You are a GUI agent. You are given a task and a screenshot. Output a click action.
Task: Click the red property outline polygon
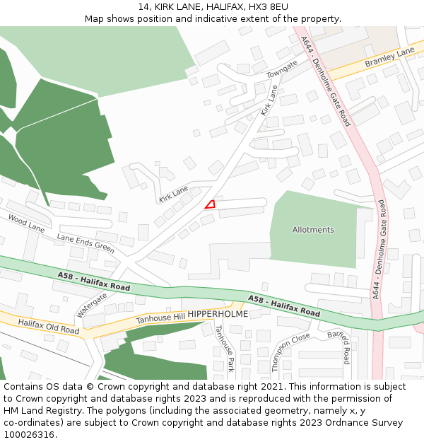[210, 204]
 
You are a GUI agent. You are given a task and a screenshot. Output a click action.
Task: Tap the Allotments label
[313, 230]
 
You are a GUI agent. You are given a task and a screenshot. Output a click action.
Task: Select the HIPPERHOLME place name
[218, 313]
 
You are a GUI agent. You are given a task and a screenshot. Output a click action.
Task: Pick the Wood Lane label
[26, 223]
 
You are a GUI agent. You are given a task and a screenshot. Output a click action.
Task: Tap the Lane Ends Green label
[86, 243]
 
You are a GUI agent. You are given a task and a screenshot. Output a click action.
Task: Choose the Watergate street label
[92, 305]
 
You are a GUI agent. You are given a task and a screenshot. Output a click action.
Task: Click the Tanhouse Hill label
[160, 319]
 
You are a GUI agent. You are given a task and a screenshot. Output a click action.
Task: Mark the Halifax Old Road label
[49, 327]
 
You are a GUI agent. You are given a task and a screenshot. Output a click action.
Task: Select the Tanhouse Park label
[225, 349]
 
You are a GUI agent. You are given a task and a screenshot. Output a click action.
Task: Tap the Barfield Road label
[338, 346]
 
